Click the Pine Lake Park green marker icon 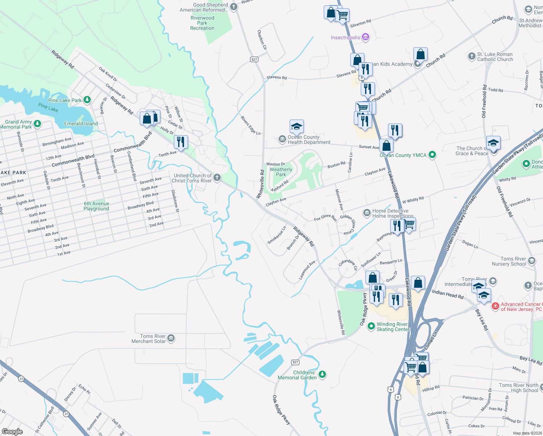[x=87, y=100]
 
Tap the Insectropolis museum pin [x=366, y=37]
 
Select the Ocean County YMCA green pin [x=432, y=155]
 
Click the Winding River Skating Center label [x=392, y=327]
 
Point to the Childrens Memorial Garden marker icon [x=322, y=374]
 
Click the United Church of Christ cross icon [x=217, y=177]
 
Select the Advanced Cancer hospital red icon [x=495, y=306]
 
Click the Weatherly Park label [x=281, y=172]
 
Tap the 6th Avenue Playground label [x=96, y=206]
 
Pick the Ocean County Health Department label [x=309, y=140]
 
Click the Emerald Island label [x=81, y=124]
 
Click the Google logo [x=12, y=431]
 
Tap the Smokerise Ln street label [x=277, y=235]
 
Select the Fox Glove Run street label [x=325, y=217]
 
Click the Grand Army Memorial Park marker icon [x=37, y=124]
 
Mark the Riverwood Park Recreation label [x=202, y=23]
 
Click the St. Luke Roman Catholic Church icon [x=471, y=56]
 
